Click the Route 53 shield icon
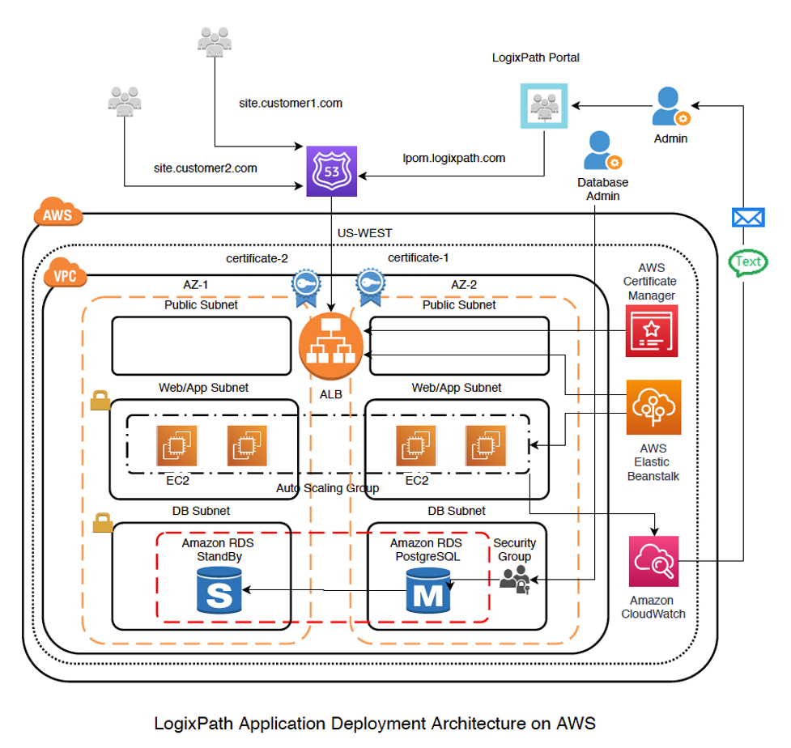coord(331,171)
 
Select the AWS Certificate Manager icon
coord(652,331)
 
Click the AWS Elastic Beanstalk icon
coord(653,407)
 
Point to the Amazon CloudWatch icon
coord(653,561)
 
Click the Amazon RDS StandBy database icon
coord(219,589)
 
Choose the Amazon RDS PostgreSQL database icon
coord(428,589)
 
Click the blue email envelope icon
coord(748,217)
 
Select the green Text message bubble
coord(748,261)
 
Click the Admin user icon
coord(670,107)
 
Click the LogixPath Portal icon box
coord(544,105)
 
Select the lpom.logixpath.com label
coord(454,158)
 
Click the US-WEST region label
coord(364,233)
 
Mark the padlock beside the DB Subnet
coord(102,523)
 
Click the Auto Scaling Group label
coord(328,488)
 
